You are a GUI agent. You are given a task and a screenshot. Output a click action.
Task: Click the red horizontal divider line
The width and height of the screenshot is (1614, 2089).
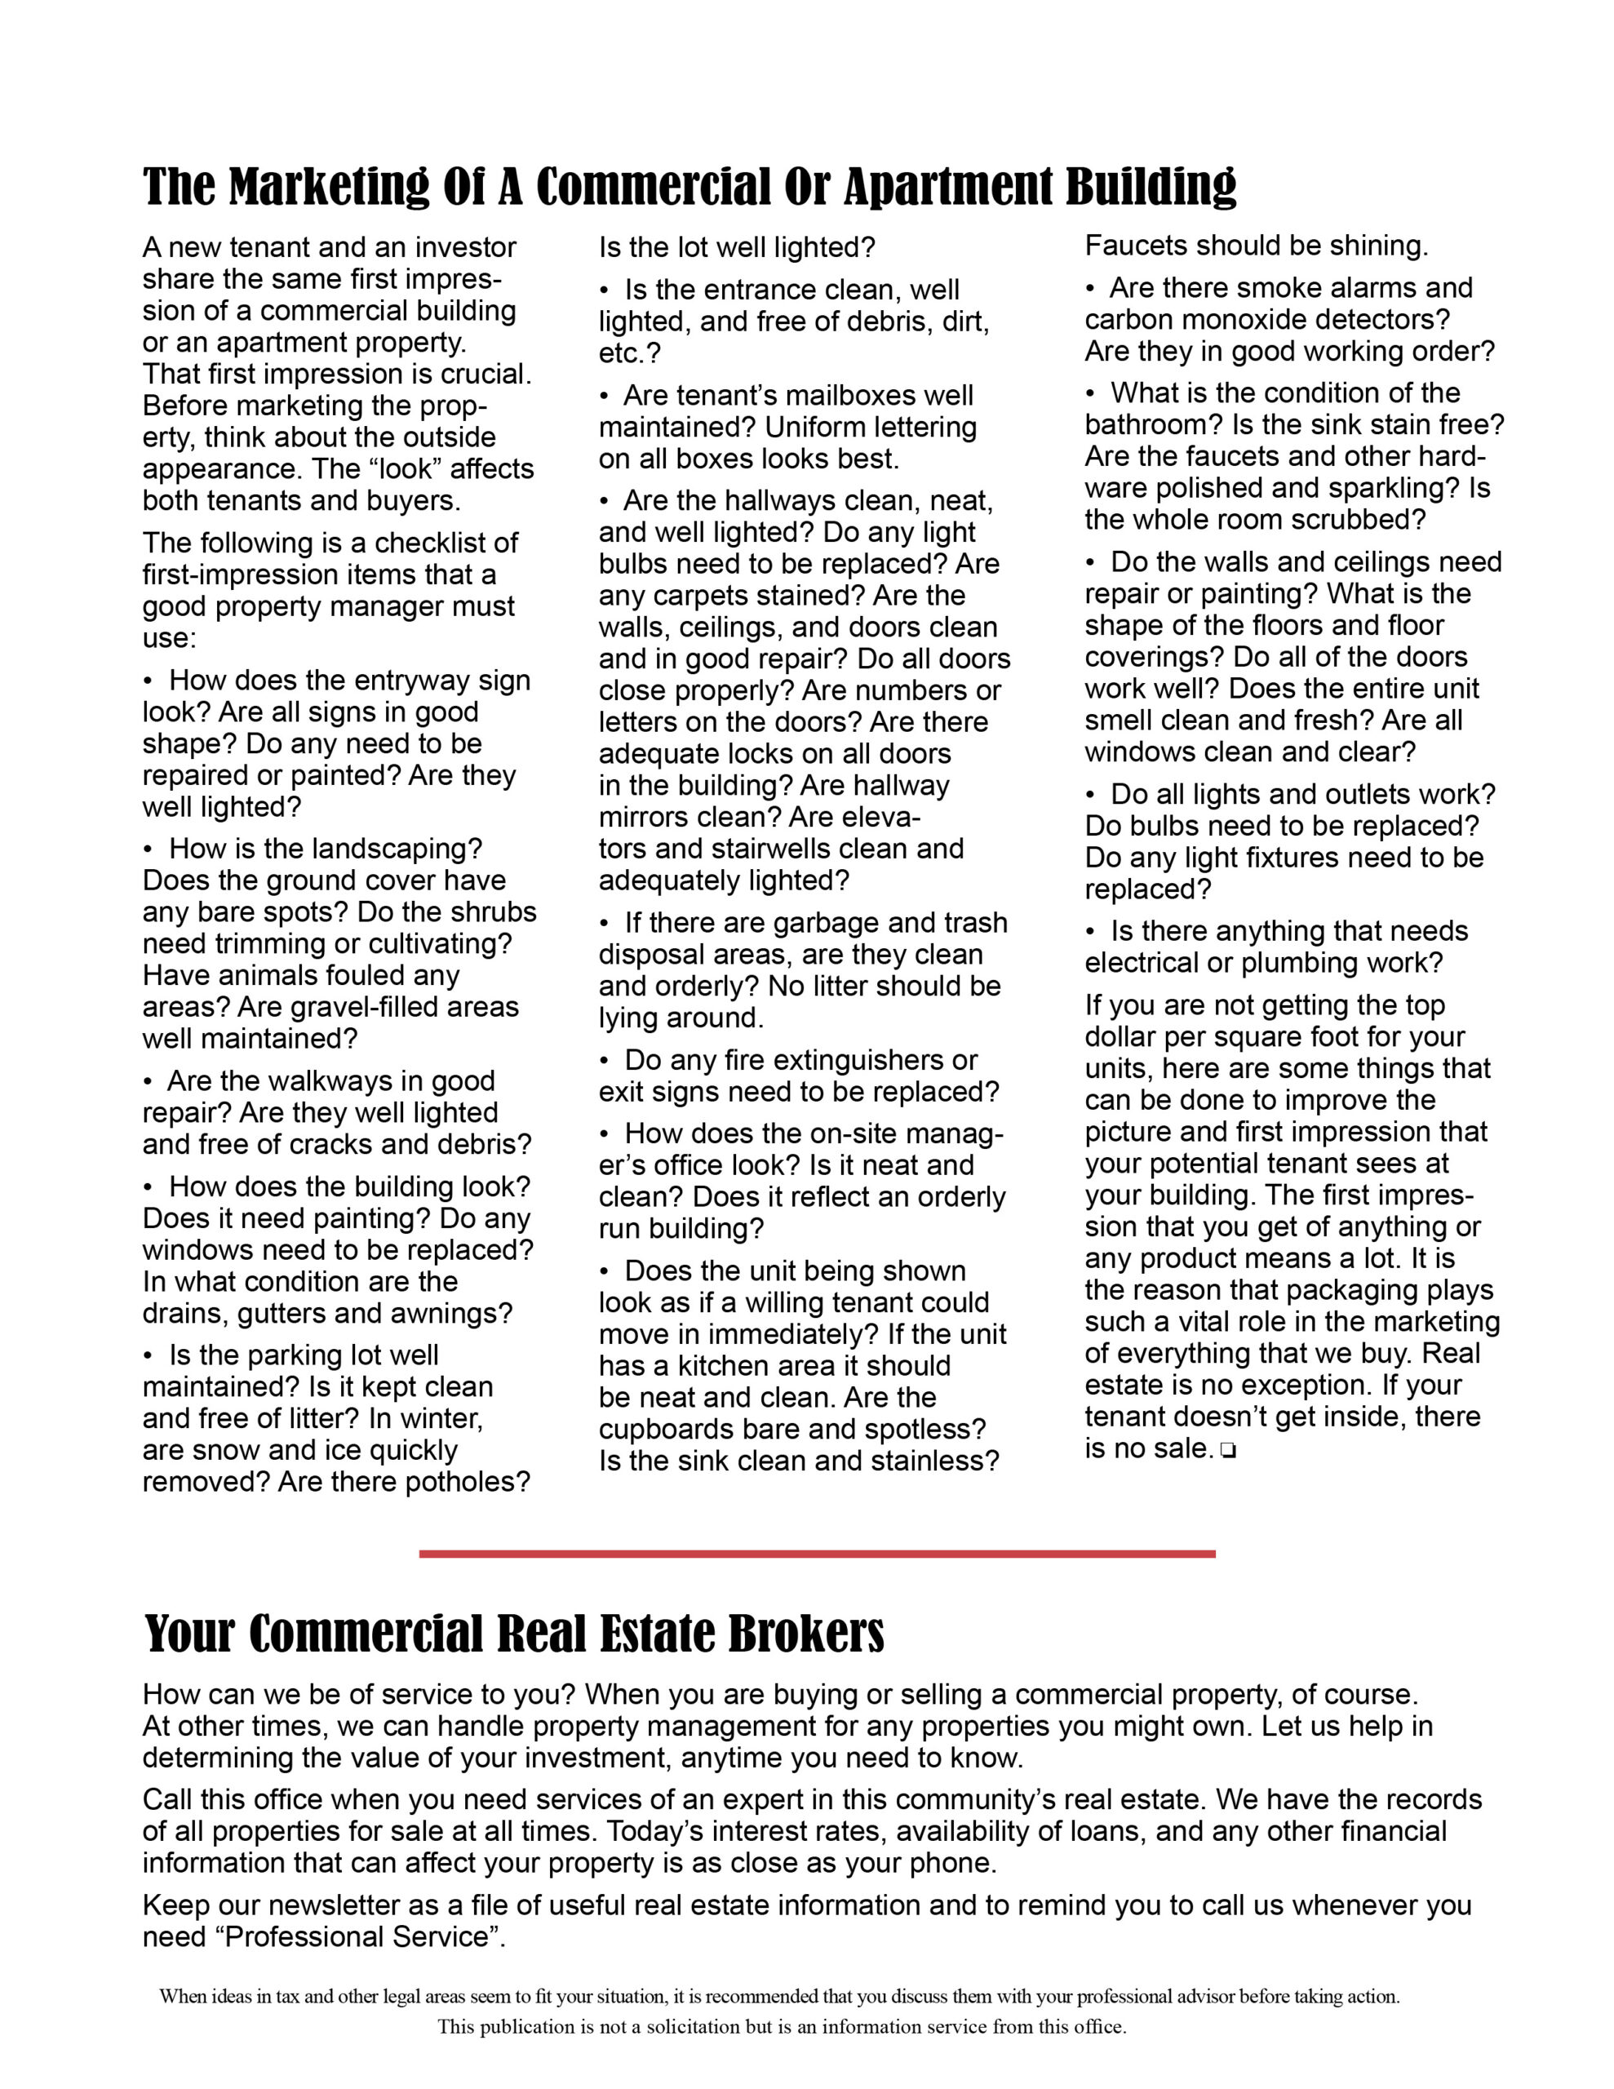click(816, 1555)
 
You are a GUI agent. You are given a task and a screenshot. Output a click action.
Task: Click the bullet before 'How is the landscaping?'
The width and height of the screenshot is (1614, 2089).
click(149, 849)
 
